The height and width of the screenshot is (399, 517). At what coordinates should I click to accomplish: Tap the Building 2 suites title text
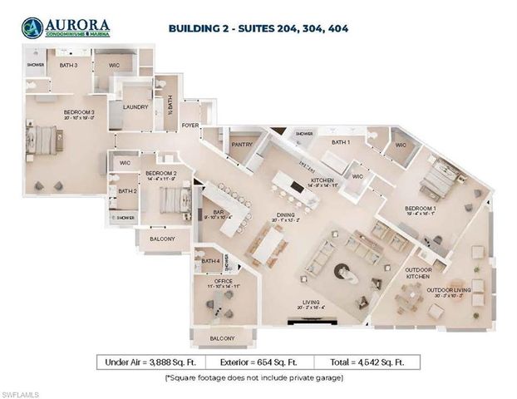[258, 27]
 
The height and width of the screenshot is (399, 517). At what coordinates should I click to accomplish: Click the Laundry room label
[135, 106]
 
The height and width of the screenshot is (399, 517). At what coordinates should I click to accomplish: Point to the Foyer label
[190, 126]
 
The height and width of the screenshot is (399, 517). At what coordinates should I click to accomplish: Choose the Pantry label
[243, 144]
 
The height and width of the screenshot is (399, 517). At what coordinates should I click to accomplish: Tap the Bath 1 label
[341, 142]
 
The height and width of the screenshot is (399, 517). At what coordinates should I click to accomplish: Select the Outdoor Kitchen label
[417, 273]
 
